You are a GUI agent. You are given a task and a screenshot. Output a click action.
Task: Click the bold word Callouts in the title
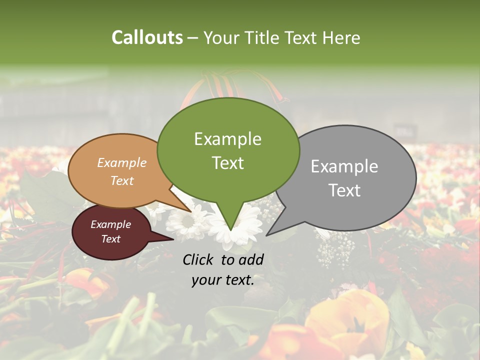point(147,37)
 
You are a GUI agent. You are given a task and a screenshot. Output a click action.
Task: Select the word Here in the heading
point(341,38)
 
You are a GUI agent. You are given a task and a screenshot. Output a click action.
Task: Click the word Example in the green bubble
point(227,139)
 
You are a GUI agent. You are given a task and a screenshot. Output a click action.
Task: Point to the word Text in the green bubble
point(227,163)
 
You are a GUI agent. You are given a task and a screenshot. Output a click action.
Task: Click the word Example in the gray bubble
point(344,166)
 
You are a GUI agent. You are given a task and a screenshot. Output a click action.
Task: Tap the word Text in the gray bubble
point(344,190)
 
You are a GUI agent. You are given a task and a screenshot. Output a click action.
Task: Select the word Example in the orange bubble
point(122,163)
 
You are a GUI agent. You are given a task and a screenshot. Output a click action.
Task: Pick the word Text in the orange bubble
point(122,181)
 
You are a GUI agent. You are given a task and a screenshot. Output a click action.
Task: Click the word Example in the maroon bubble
point(111,224)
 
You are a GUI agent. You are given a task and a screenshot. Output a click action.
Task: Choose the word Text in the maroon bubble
point(111,239)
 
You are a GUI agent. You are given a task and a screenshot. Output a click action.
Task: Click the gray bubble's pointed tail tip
point(267,235)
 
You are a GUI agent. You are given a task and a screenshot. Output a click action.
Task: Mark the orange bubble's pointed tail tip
point(191,211)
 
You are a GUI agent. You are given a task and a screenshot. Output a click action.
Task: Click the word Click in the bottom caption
point(199,259)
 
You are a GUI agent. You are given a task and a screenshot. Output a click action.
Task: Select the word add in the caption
point(251,259)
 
